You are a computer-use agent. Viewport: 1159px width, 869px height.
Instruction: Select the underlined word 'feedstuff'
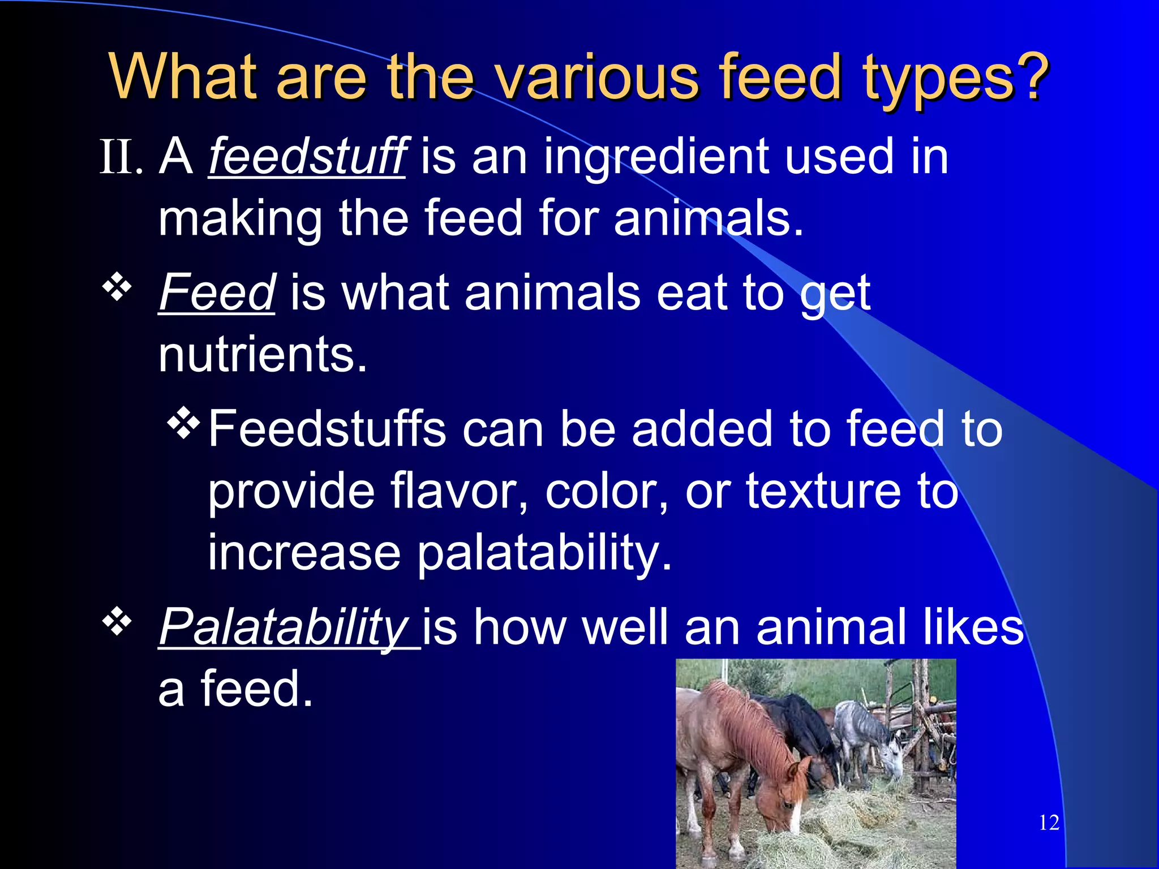tap(307, 157)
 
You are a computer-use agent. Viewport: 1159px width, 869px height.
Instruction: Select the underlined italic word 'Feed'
tap(217, 292)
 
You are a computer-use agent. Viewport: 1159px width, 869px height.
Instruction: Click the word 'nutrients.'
tap(263, 355)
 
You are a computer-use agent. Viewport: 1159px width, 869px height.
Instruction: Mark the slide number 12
tap(1049, 823)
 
